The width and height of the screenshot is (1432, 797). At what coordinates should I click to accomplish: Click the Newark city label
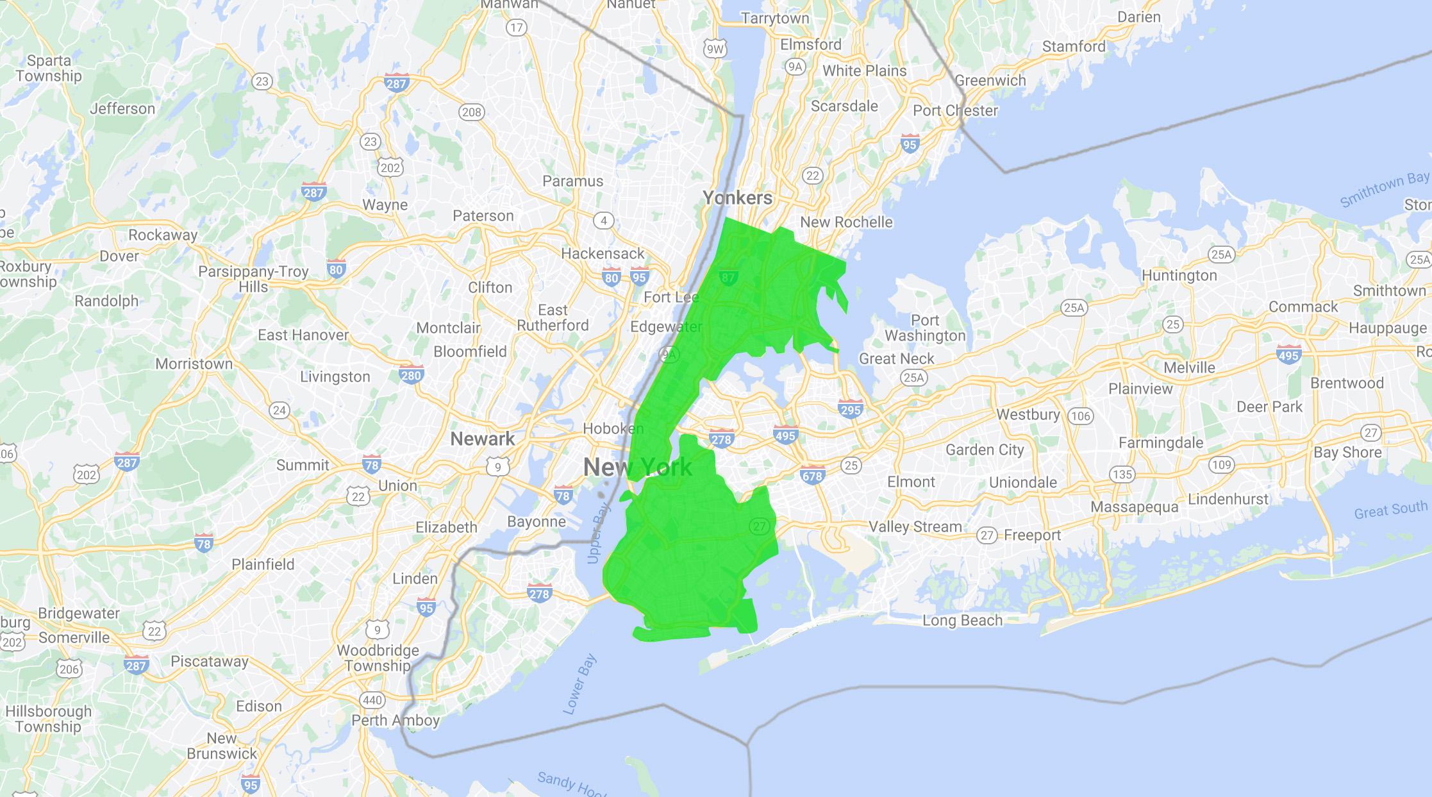tap(482, 439)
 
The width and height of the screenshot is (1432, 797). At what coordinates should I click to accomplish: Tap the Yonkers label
tap(737, 197)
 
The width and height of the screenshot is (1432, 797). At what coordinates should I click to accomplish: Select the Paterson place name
tap(483, 215)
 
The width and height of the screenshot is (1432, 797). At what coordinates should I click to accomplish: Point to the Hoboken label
tap(613, 428)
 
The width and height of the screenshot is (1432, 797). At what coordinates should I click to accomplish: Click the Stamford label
tap(1074, 46)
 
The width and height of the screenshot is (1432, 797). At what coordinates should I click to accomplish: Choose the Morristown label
tap(194, 364)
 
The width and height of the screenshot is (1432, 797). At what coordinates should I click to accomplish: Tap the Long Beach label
tap(962, 620)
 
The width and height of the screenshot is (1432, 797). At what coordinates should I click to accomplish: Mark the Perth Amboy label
tap(395, 720)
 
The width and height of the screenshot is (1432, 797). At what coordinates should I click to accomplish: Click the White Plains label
tap(864, 71)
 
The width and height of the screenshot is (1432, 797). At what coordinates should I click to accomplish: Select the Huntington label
tap(1179, 275)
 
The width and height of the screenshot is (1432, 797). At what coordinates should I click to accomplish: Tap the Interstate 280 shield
tap(411, 373)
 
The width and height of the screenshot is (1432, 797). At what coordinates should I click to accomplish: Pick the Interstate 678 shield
tap(812, 475)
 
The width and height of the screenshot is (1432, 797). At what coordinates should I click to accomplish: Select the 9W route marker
tap(715, 49)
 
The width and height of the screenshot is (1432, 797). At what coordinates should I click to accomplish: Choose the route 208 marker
tap(471, 112)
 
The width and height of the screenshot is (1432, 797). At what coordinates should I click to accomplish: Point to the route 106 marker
tap(1080, 416)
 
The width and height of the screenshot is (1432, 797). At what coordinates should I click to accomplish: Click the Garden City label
tap(985, 449)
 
